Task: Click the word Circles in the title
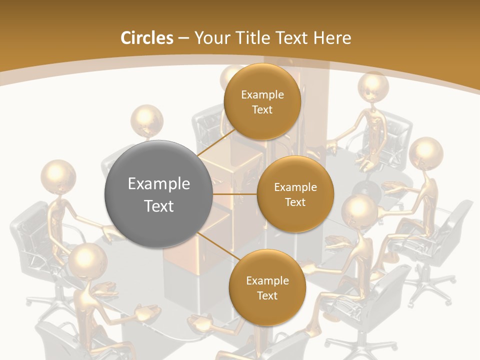tap(147, 38)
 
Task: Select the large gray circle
tap(158, 194)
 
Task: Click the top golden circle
tap(262, 101)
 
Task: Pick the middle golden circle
tap(295, 194)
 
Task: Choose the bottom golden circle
tap(267, 287)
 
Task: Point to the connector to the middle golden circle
tap(235, 194)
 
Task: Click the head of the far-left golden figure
tap(58, 176)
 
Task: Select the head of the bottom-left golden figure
tap(88, 260)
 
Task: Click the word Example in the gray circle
tap(158, 184)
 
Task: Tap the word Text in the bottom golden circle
tap(267, 295)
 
